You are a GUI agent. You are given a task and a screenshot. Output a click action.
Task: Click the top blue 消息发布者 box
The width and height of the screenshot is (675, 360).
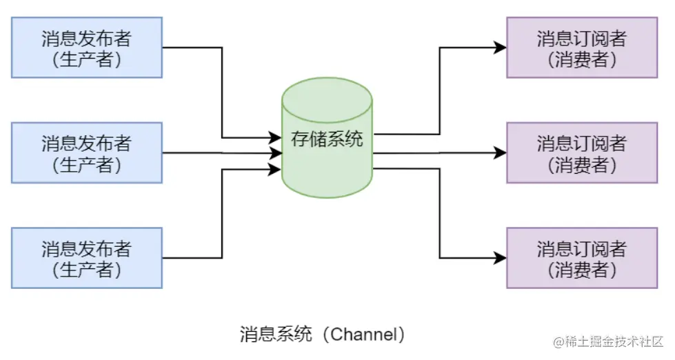tap(87, 48)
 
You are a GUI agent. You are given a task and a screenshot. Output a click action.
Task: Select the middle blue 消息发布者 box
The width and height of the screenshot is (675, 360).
tap(87, 152)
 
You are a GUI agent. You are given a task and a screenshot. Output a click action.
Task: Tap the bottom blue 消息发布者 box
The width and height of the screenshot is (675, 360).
tap(87, 257)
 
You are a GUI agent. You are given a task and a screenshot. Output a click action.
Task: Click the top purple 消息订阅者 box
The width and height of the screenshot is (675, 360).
tap(582, 48)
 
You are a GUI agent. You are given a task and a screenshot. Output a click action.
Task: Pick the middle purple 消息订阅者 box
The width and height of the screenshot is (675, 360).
tap(582, 152)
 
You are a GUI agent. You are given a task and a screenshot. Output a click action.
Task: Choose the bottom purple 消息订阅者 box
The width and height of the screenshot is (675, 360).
tap(582, 257)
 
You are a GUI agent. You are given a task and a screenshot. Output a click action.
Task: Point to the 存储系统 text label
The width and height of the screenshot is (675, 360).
tap(328, 139)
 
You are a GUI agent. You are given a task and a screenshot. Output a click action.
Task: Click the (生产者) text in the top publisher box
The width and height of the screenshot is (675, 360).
tap(87, 59)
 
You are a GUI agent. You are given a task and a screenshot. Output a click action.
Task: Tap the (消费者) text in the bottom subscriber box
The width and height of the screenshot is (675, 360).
tap(582, 269)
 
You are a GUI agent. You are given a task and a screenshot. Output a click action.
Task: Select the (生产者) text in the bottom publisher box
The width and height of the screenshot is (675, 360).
tap(87, 269)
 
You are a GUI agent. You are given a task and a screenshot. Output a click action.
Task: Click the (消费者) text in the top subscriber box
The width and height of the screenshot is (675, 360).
tap(582, 59)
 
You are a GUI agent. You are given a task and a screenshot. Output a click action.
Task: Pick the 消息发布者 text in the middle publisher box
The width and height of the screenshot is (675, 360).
tap(87, 143)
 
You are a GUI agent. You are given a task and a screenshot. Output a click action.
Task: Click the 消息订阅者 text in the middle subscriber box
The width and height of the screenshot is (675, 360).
tap(582, 143)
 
